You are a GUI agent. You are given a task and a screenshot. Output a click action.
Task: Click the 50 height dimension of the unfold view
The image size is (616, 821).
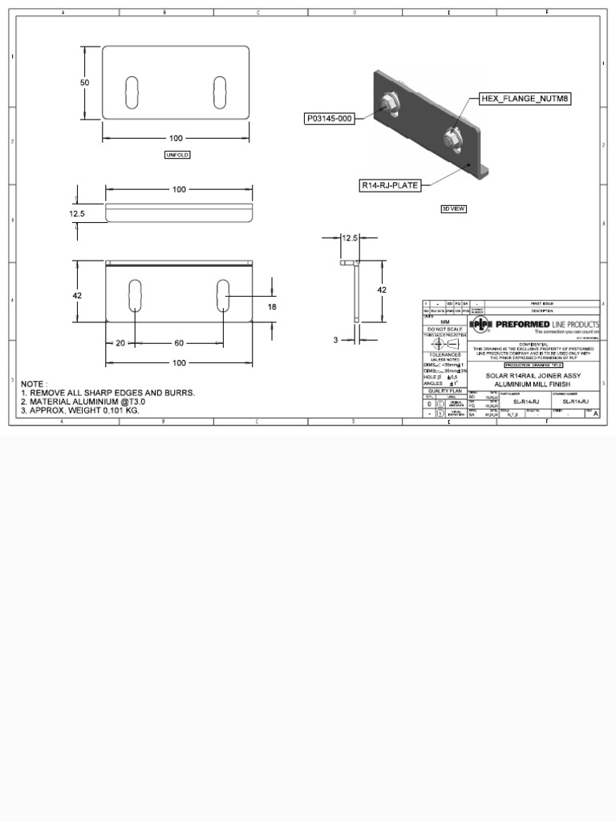(84, 83)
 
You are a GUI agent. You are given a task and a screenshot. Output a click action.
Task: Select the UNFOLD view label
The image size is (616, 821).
(177, 155)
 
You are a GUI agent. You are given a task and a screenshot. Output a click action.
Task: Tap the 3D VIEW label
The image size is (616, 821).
(454, 208)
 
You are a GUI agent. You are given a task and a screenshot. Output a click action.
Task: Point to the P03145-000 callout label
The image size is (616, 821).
(329, 119)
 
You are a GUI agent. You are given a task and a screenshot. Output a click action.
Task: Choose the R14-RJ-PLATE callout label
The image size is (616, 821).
(390, 185)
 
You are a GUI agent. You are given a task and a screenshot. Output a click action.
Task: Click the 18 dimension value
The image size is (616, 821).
(272, 307)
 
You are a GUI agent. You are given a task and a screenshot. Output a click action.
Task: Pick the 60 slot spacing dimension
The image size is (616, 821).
(179, 343)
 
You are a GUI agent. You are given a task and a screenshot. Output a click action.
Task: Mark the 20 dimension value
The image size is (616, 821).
(120, 343)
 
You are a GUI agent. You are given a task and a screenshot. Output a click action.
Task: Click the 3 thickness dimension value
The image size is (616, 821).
(336, 340)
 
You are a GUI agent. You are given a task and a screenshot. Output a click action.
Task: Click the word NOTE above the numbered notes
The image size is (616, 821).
(34, 383)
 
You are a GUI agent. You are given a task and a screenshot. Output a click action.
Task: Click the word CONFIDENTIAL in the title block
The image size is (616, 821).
(533, 343)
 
